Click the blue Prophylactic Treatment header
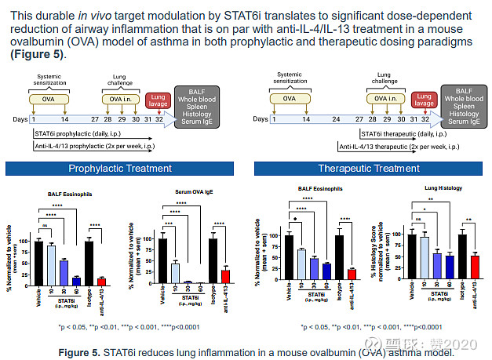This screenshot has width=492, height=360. (119, 168)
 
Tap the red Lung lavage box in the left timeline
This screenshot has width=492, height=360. (159, 101)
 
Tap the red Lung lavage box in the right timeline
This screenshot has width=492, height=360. (424, 101)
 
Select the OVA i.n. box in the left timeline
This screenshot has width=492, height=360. (120, 100)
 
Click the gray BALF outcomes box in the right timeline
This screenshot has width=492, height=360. (464, 105)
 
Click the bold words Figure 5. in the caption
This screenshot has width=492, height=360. (81, 352)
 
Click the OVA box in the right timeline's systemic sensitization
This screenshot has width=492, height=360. (290, 100)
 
